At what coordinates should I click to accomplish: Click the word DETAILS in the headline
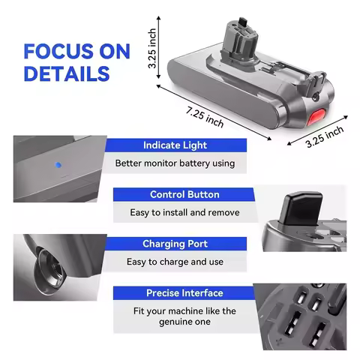(x=66, y=74)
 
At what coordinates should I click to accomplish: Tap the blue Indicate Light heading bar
(x=174, y=145)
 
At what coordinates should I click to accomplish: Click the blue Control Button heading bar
(x=184, y=194)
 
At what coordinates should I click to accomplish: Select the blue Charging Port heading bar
(x=174, y=244)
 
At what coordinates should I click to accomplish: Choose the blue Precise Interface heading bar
(x=184, y=292)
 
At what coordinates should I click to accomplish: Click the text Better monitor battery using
(x=175, y=163)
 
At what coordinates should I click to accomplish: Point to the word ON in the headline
(x=113, y=52)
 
